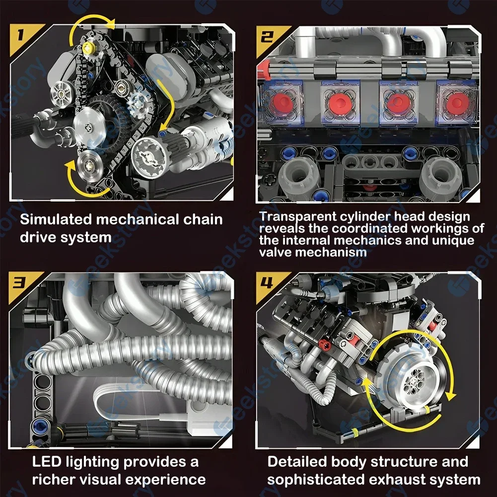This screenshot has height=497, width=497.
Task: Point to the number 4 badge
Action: tap(268, 284)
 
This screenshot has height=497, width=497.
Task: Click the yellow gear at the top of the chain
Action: tap(90, 48)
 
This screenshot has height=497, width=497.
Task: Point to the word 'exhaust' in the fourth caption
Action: tap(395, 480)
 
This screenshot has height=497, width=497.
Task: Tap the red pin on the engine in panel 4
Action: tap(325, 343)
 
